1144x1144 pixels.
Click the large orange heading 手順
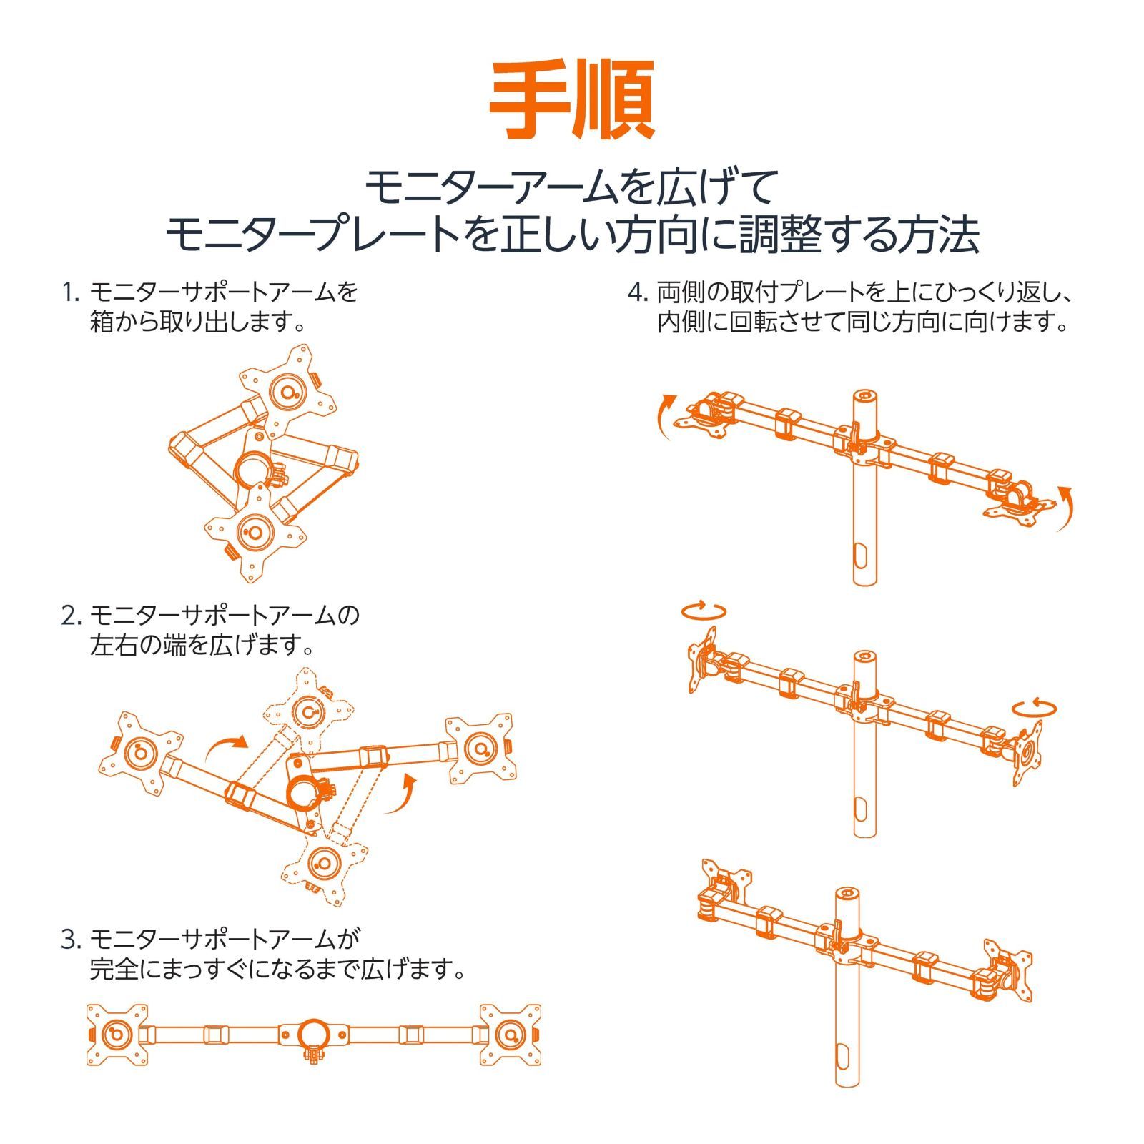[x=571, y=100]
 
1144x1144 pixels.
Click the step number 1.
[x=69, y=292]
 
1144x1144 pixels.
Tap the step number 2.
[x=69, y=616]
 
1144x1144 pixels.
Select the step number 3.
[x=69, y=939]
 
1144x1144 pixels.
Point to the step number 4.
[x=638, y=292]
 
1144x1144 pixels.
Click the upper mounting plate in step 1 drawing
[x=287, y=391]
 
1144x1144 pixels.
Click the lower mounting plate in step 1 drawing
[x=255, y=533]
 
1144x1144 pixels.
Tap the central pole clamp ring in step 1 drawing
[x=252, y=469]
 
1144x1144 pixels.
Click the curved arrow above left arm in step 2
[x=225, y=748]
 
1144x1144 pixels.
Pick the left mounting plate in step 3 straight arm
[x=117, y=1035]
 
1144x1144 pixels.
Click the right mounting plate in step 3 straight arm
[x=510, y=1035]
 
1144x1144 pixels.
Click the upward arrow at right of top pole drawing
[x=1065, y=508]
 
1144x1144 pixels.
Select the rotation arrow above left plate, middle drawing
[x=704, y=611]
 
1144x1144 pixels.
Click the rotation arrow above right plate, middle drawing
[x=1034, y=707]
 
